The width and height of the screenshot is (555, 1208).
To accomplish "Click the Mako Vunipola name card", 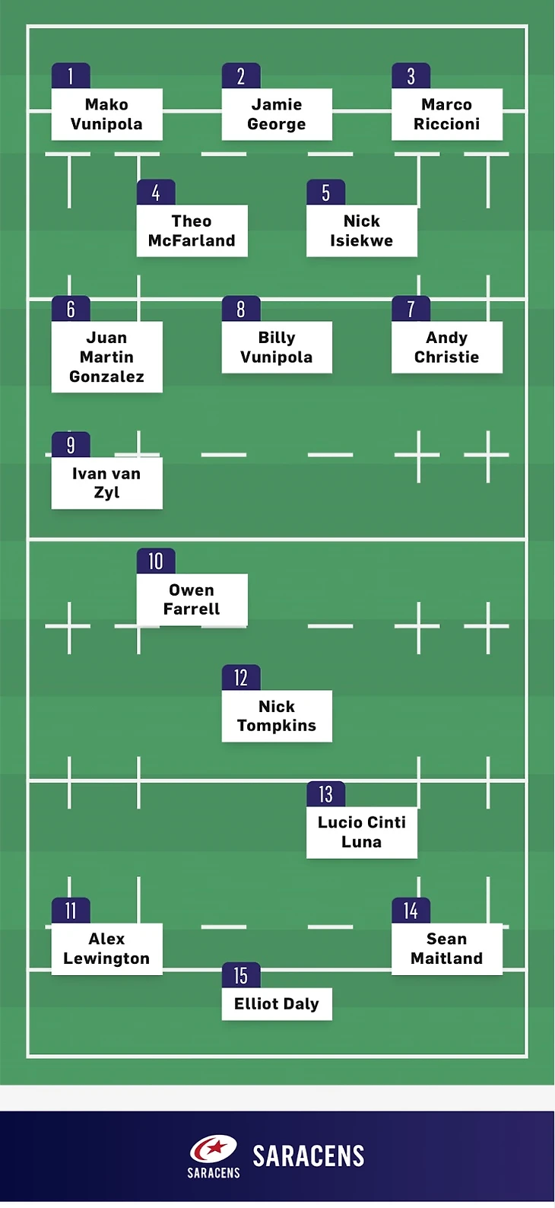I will [106, 114].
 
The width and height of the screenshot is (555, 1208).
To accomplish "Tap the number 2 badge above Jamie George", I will [241, 76].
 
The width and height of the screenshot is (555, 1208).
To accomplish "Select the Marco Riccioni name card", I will [447, 114].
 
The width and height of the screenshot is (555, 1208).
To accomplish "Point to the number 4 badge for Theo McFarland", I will [156, 192].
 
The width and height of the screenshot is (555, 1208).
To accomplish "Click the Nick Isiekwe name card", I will [362, 230].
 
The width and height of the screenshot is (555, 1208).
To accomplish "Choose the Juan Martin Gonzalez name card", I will [106, 357].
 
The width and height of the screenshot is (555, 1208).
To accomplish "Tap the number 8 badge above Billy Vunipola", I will [241, 309].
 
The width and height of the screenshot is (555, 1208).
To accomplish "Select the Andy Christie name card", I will [447, 347].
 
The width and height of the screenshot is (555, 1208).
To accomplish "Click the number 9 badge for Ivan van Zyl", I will [71, 445].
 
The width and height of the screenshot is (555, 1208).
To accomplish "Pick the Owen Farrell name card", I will [192, 599].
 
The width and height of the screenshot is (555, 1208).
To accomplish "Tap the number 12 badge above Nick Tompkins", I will [241, 678].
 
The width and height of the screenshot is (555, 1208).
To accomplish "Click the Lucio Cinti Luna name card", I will [362, 832].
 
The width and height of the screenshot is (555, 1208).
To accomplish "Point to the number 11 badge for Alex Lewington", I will [71, 911].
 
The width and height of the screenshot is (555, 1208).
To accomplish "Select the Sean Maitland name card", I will [447, 949].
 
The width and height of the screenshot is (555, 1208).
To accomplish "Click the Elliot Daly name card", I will [277, 1004].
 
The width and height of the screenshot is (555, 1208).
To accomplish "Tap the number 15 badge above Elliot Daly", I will [241, 975].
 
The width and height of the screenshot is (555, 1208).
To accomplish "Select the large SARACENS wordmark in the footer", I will [309, 1156].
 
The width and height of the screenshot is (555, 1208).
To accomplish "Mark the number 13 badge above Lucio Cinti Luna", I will [326, 794].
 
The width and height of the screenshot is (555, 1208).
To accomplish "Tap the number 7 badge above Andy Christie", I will [411, 309].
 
